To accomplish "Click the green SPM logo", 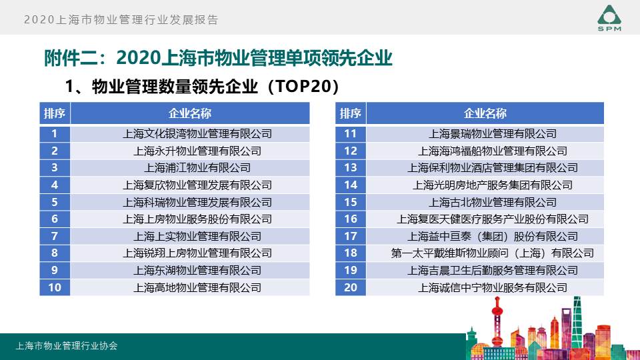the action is tap(609, 18).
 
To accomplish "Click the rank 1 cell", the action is tap(55, 134).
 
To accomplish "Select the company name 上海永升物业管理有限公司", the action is tap(197, 151).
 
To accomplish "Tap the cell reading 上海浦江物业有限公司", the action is tap(197, 168).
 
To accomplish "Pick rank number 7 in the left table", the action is tap(55, 236).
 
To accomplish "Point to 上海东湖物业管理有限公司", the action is tap(197, 270).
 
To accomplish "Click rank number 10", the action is tap(55, 287).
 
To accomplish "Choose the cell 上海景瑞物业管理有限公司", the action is tap(493, 134).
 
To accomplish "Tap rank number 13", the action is tap(351, 168).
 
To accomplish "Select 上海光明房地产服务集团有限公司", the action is tap(493, 185).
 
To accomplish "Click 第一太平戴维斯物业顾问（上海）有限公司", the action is tap(493, 253).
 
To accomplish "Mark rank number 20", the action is tap(351, 287).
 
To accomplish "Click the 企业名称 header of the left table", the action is tap(190, 113).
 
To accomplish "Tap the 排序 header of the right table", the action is tap(351, 113).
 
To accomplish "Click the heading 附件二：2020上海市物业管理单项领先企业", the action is tap(218, 58).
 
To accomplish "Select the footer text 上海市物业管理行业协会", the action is tap(67, 346).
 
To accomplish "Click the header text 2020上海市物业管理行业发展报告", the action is tap(121, 19).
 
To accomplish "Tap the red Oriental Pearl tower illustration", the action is tap(497, 323).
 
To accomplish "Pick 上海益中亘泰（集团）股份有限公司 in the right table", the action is tap(493, 236).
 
